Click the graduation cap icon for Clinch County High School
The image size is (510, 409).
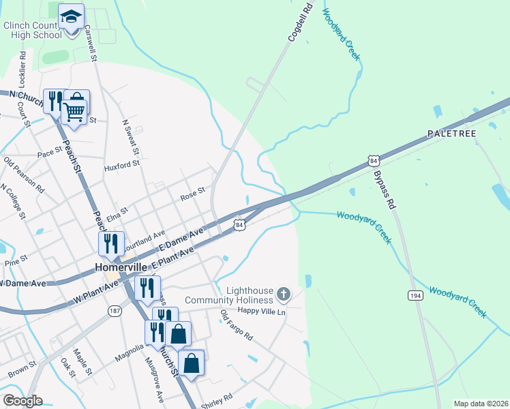click(x=71, y=16)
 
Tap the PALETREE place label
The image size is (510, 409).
click(x=451, y=133)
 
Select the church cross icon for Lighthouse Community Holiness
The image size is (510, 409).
click(x=284, y=294)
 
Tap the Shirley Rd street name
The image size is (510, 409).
click(x=217, y=397)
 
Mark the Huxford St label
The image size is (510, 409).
click(x=121, y=164)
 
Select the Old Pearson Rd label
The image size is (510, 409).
click(x=24, y=174)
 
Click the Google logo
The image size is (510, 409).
click(x=22, y=401)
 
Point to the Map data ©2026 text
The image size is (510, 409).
click(x=480, y=404)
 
